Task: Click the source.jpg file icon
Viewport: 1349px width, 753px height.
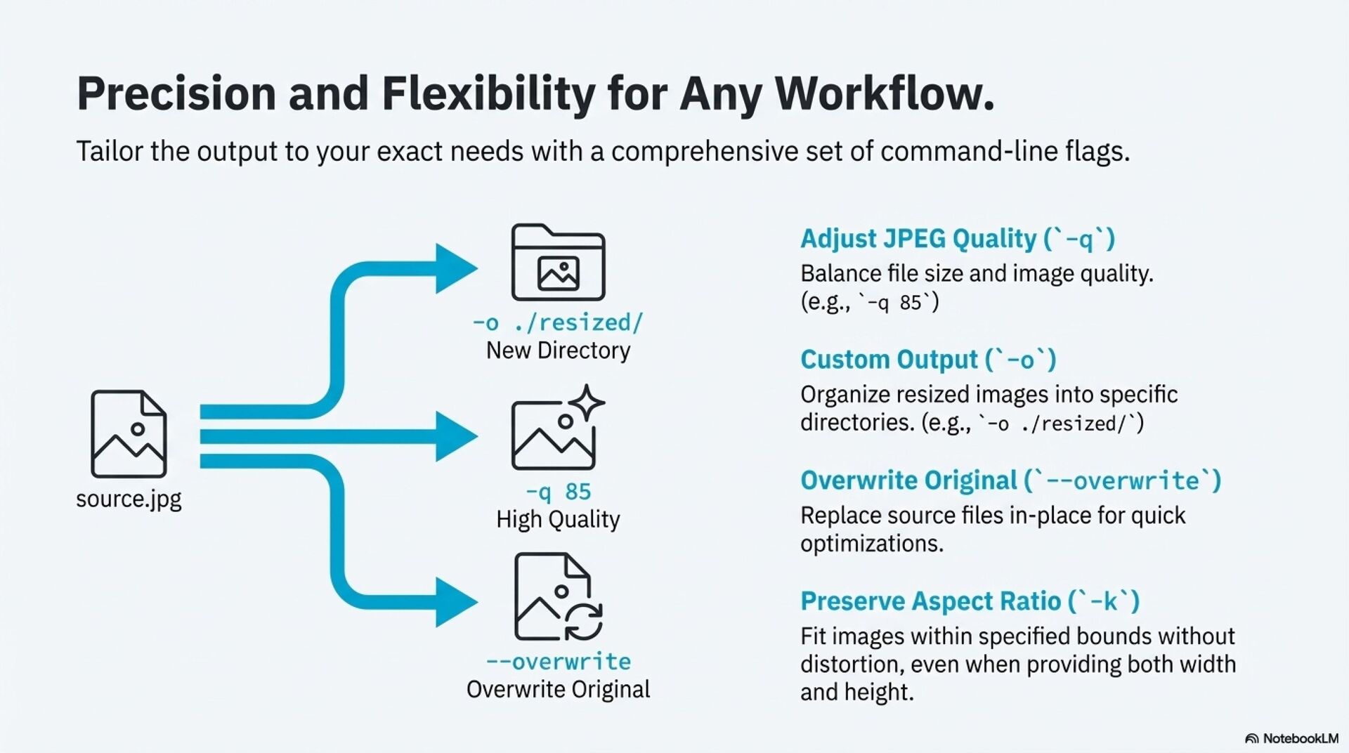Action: (129, 434)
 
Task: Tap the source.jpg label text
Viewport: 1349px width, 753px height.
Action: (129, 499)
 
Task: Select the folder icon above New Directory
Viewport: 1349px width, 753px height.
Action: (558, 262)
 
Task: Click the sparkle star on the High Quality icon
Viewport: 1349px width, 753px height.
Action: (587, 402)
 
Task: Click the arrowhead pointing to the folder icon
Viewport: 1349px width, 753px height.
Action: (455, 268)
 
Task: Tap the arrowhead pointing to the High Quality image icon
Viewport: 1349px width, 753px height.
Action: (455, 436)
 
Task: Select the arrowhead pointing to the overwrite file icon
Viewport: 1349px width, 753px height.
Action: (455, 601)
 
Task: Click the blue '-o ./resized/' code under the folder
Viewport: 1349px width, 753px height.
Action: (558, 322)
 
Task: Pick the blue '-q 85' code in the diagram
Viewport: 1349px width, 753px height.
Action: (558, 492)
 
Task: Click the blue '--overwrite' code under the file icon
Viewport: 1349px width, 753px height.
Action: (558, 662)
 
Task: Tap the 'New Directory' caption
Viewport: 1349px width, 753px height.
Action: (558, 351)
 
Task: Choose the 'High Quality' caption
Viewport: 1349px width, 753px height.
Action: (558, 520)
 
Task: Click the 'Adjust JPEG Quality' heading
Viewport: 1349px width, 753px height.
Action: (918, 239)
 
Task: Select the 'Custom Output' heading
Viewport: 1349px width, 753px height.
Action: (889, 360)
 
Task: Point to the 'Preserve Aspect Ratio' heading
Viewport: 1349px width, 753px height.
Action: (930, 601)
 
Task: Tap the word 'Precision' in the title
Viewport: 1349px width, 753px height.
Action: (176, 93)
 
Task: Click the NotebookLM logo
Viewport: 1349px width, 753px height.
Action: (1291, 738)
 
